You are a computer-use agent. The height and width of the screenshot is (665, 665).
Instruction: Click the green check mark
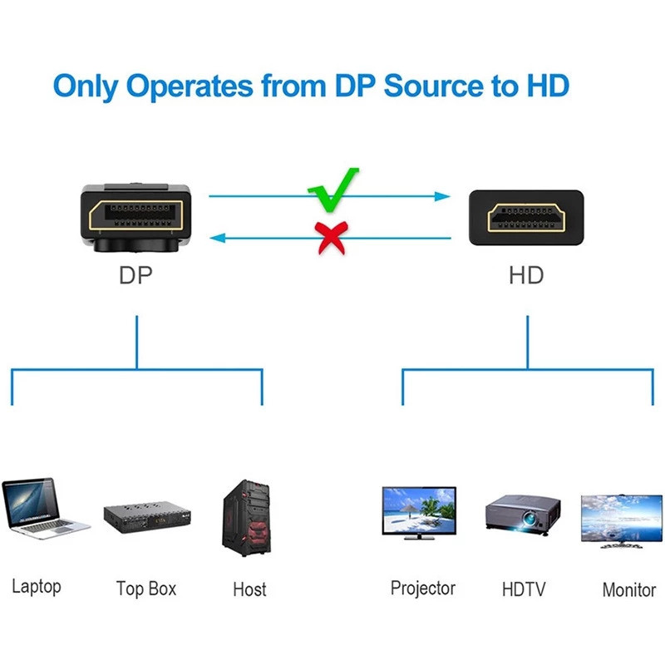332,190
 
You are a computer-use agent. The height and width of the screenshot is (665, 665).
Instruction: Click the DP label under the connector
135,276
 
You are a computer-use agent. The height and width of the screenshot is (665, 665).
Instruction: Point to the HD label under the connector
526,276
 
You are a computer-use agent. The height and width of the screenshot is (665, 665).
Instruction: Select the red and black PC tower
247,516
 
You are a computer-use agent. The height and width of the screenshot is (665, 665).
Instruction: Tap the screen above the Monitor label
621,520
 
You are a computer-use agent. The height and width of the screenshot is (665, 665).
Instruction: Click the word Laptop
37,587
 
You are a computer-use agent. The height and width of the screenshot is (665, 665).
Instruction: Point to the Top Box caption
146,589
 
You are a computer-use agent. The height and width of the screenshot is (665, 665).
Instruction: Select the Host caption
249,590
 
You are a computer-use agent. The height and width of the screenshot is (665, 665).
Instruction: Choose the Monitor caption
628,590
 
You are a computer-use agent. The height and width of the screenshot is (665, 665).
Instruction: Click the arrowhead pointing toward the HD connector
444,197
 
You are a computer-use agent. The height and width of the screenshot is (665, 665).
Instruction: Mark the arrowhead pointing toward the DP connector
216,239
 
